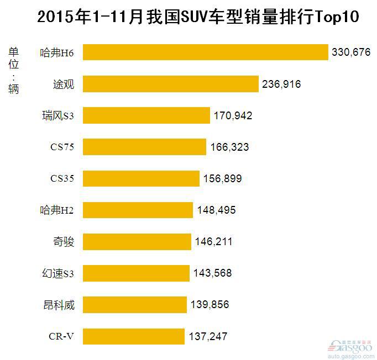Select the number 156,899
tap(223, 179)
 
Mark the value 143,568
tap(212, 273)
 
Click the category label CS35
tap(61, 178)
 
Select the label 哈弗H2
tap(57, 210)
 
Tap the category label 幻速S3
tap(58, 273)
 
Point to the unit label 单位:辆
tap(13, 70)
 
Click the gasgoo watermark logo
tap(350, 347)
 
